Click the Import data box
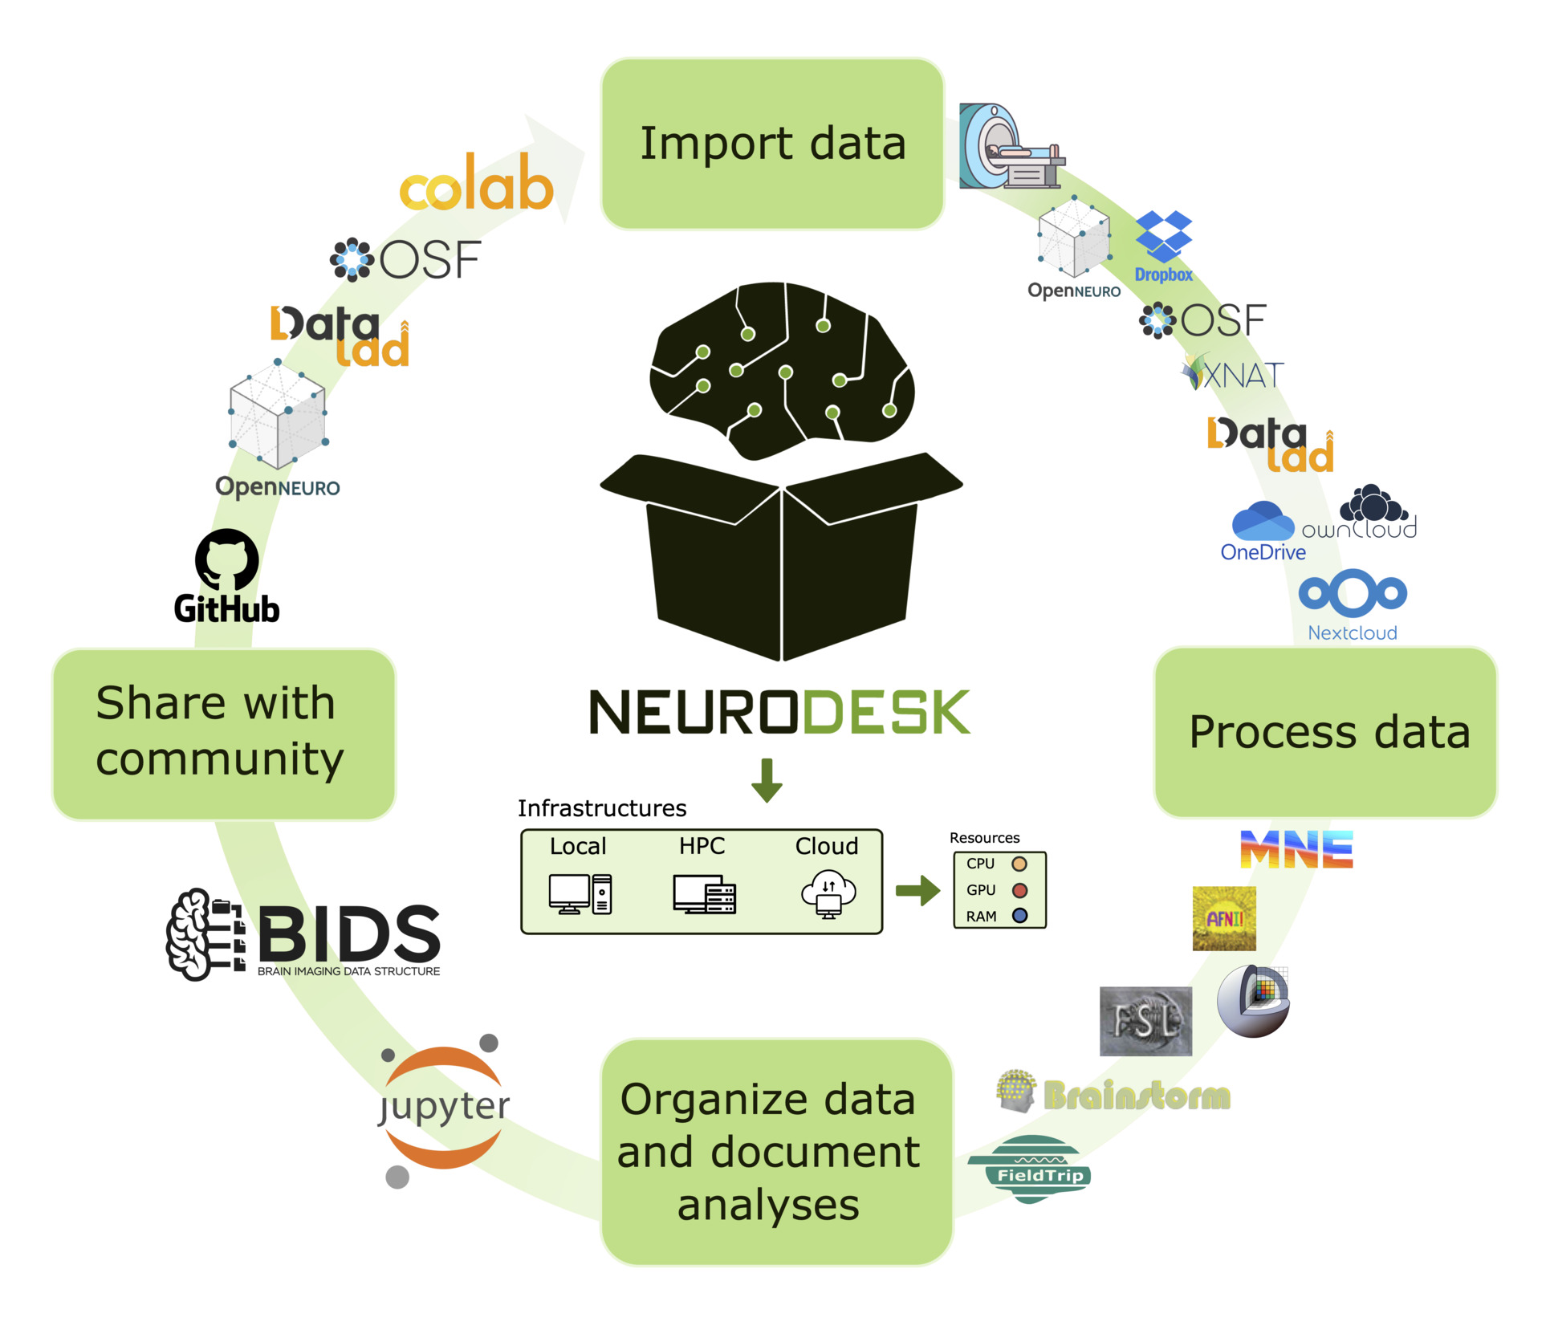tap(772, 144)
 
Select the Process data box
tap(1325, 733)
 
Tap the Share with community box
tap(224, 734)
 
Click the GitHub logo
tap(227, 576)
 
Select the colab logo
tap(477, 184)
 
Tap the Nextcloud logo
tap(1353, 604)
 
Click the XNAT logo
tap(1235, 374)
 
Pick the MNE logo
tap(1296, 850)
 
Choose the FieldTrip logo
tap(1031, 1169)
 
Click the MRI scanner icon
tap(1011, 147)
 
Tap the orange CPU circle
tap(1019, 864)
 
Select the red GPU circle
tap(1019, 890)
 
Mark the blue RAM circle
tap(1019, 916)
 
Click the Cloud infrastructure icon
tap(828, 893)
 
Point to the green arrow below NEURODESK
tap(767, 779)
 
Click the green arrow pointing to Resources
tap(917, 890)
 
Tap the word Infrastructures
tap(602, 808)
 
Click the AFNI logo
tap(1224, 918)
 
